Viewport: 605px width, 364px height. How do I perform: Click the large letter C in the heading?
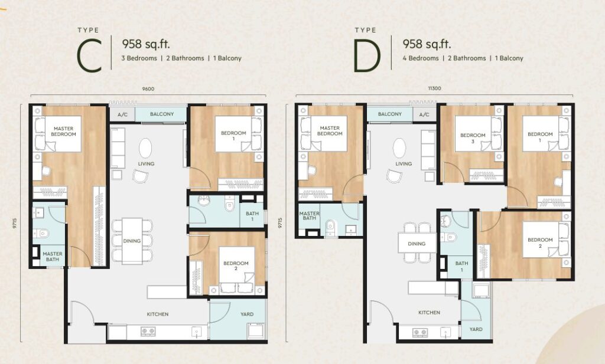90,55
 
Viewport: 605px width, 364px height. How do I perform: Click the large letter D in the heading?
367,56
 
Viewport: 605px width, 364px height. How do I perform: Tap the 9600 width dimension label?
148,89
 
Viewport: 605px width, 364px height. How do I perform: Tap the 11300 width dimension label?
434,88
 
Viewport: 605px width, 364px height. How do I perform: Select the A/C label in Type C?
122,114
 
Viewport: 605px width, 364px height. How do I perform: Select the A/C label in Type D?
424,114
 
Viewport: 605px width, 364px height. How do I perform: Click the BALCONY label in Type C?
162,114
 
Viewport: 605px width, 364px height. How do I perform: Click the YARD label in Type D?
476,329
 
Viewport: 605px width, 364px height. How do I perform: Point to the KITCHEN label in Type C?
157,314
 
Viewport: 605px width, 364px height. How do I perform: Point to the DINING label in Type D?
417,244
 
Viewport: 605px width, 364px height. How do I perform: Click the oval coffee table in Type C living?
145,148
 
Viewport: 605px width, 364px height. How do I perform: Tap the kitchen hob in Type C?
148,331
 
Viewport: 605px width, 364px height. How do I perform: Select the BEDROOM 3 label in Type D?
473,138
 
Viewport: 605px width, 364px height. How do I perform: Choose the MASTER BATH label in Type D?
309,216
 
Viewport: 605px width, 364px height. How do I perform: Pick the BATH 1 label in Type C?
252,216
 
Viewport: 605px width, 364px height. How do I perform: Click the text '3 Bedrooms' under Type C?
139,58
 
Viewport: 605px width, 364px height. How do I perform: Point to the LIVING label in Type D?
404,163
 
